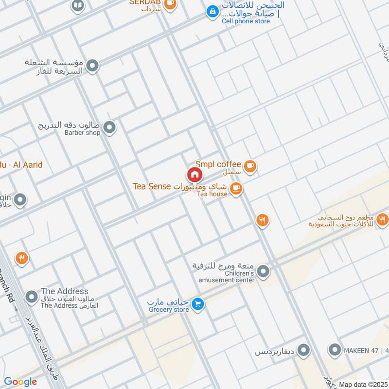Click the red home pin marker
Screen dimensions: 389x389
click(194, 175)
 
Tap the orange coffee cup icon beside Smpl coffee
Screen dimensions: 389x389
click(250, 166)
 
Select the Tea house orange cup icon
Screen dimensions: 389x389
click(236, 188)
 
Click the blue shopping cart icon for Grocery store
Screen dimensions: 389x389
click(197, 304)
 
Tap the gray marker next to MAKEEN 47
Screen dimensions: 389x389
click(335, 349)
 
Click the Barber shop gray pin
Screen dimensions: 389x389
click(110, 127)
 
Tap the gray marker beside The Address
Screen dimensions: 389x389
click(32, 296)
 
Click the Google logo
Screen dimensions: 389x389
click(20, 382)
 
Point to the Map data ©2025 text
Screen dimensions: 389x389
click(363, 384)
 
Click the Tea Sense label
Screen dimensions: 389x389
click(151, 186)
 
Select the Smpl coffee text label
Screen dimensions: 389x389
click(218, 164)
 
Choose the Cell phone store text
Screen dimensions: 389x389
click(246, 21)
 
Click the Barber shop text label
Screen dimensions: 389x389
click(82, 132)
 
